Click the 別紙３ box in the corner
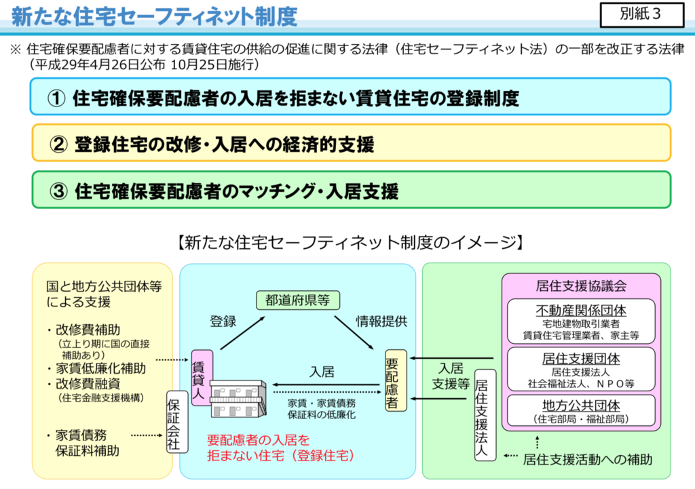(642, 15)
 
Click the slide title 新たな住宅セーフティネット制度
(154, 16)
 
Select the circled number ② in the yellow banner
(58, 144)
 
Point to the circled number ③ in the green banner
(58, 191)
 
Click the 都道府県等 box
(298, 300)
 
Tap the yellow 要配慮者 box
(395, 380)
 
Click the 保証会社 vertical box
(176, 421)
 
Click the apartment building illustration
(238, 398)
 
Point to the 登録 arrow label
(223, 321)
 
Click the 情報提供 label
(381, 321)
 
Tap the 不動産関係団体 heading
(581, 311)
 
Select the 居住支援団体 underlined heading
(581, 359)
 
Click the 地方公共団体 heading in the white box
(581, 406)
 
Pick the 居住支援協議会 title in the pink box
(581, 286)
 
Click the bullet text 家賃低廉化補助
(100, 368)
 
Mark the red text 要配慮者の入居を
(259, 440)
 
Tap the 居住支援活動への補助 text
(588, 460)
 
